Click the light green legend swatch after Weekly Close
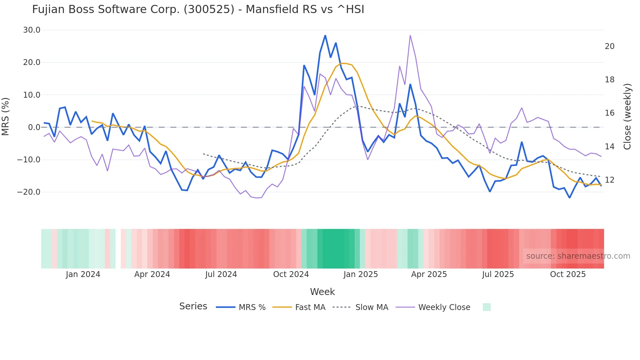click(x=487, y=307)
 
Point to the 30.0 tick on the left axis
click(x=32, y=30)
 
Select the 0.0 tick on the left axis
click(x=34, y=127)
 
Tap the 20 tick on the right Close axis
click(x=609, y=46)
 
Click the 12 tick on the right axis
click(x=609, y=180)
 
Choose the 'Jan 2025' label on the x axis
click(x=360, y=274)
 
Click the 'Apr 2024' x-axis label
click(x=152, y=274)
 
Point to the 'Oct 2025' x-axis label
click(x=568, y=274)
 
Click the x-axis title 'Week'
click(x=322, y=292)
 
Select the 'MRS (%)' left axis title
click(x=6, y=116)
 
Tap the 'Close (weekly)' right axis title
click(x=627, y=117)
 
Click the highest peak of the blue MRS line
click(x=325, y=36)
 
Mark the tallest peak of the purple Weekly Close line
click(x=410, y=35)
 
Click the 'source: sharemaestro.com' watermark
click(x=578, y=256)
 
